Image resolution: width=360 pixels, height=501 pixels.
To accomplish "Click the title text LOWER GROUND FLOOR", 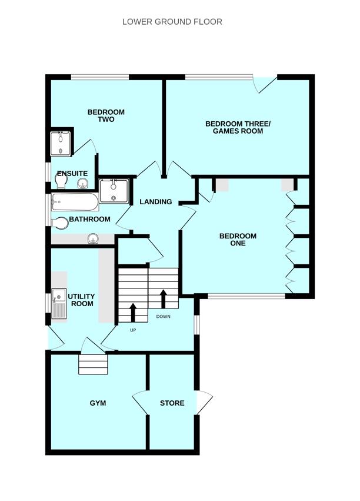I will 172,22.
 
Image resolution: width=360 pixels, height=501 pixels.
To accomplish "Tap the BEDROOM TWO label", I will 106,116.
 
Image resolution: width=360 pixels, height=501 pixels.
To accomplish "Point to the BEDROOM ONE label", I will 238,240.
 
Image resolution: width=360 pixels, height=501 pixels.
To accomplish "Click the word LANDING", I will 155,202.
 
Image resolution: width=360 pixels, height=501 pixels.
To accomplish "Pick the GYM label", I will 98,403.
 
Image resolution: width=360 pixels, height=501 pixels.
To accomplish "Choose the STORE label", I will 172,403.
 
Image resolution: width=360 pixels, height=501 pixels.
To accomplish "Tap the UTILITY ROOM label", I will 81,300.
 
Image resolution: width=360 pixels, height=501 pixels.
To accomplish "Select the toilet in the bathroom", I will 59,223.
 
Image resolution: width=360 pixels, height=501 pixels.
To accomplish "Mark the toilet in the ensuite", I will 81,183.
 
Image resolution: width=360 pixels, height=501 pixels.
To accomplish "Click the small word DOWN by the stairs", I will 164,317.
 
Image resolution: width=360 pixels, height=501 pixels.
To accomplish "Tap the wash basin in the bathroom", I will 92,238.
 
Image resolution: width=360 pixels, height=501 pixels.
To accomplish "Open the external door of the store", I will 205,403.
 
